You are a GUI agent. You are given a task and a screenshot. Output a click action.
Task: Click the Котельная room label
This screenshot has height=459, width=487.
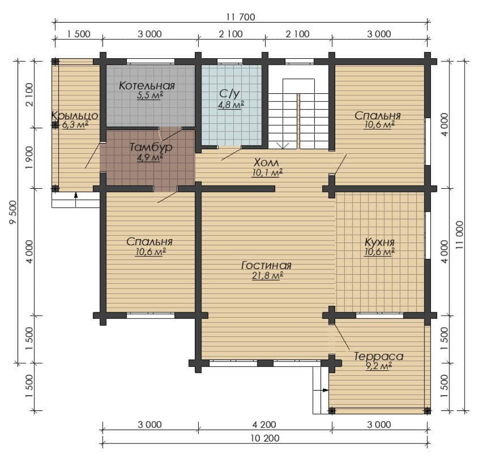click(x=147, y=85)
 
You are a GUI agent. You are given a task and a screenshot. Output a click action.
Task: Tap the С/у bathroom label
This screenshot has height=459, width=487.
click(x=229, y=93)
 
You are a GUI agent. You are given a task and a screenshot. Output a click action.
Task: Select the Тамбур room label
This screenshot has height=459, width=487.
click(x=150, y=147)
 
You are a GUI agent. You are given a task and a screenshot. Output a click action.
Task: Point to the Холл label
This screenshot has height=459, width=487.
click(x=267, y=162)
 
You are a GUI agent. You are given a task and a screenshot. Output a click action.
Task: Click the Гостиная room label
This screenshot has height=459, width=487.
click(x=267, y=266)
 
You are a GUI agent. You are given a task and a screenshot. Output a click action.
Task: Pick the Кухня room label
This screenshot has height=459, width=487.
click(x=379, y=242)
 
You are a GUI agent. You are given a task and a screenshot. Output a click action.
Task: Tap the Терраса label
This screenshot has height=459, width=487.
click(x=379, y=356)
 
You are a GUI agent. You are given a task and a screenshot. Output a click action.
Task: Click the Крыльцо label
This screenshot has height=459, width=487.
click(x=75, y=116)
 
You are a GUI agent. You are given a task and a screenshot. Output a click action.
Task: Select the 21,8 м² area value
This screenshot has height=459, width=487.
click(x=267, y=275)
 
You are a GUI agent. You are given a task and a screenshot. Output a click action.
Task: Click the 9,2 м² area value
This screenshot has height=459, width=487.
click(x=379, y=366)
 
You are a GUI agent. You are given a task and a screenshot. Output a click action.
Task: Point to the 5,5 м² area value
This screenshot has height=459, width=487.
click(x=150, y=95)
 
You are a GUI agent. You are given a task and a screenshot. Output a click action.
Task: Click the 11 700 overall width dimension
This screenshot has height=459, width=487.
click(x=241, y=17)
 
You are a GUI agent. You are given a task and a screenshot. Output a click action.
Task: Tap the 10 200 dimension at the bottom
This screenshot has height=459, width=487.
click(x=265, y=438)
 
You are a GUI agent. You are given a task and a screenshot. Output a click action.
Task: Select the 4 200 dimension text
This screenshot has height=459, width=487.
click(x=264, y=425)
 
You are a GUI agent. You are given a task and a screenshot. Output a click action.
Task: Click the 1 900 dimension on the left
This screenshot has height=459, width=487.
click(x=29, y=158)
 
